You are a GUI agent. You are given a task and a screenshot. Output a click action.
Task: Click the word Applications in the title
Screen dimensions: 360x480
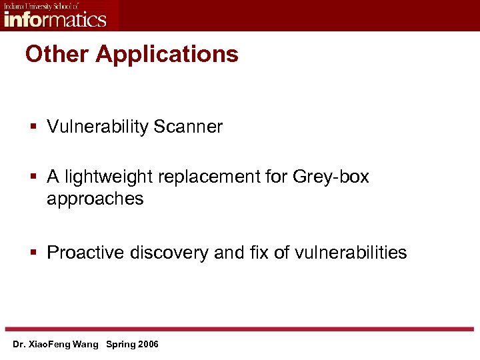pos(167,55)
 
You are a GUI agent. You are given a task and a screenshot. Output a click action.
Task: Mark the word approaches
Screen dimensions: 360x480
pos(95,199)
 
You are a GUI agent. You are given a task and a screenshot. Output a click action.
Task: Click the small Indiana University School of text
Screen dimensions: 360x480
pos(41,5)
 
